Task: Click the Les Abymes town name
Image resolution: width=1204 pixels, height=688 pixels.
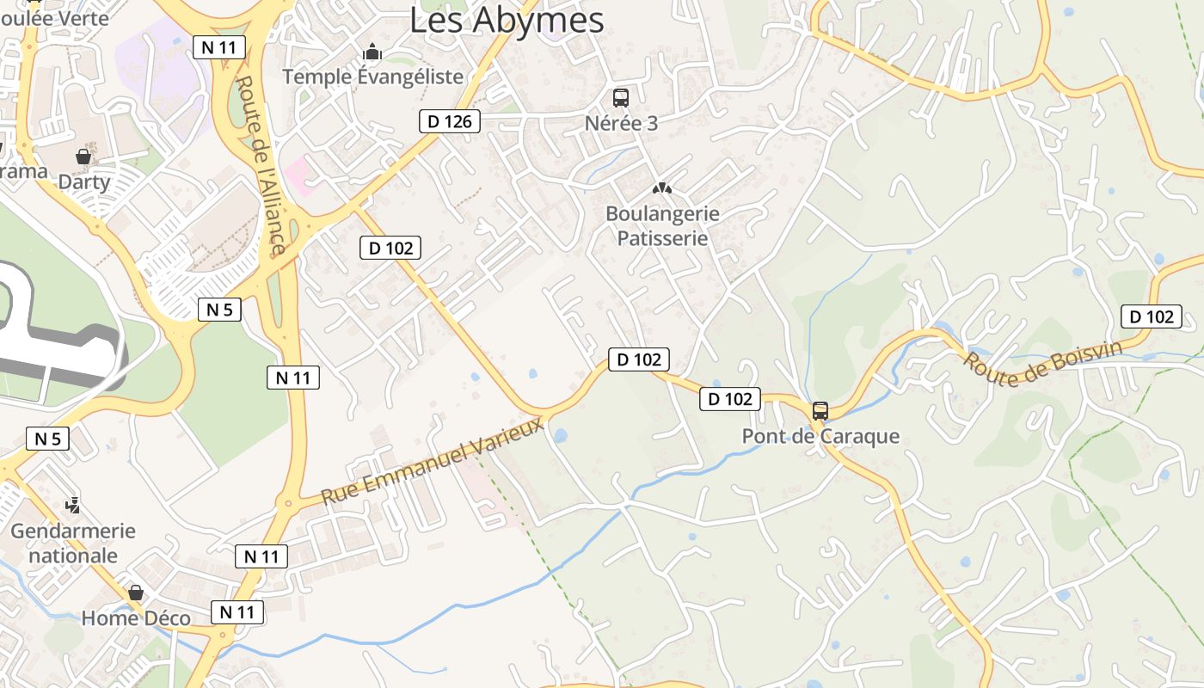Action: [507, 19]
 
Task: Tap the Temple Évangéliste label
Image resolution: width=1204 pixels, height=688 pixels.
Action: [372, 77]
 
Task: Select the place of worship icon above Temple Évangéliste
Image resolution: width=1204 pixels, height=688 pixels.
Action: [372, 52]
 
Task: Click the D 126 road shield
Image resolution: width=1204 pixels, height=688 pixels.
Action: [449, 121]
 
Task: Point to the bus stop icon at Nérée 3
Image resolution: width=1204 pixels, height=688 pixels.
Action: [621, 98]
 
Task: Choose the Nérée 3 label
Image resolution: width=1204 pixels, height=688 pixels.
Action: [621, 123]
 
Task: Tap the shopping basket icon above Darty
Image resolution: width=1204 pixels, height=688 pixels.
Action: [83, 157]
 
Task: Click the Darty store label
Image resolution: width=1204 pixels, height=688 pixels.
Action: [84, 181]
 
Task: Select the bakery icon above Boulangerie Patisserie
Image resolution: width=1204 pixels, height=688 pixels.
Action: [661, 187]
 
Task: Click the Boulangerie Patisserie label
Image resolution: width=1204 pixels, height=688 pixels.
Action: [662, 225]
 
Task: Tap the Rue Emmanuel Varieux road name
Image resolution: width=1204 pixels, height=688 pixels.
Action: [433, 461]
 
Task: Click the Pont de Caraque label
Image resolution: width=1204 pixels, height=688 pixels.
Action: [820, 436]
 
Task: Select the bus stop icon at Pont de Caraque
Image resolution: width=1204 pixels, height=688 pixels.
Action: [820, 411]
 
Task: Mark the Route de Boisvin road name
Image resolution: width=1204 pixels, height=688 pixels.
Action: [1042, 365]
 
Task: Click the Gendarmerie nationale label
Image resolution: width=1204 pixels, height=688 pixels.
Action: [73, 543]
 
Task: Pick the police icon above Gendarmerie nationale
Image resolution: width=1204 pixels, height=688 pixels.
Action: [74, 505]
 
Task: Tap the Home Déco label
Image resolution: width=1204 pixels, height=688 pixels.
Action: [136, 617]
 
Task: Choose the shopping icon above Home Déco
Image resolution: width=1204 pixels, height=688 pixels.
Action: [136, 593]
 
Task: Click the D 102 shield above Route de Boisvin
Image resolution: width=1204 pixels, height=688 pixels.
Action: [1151, 316]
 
